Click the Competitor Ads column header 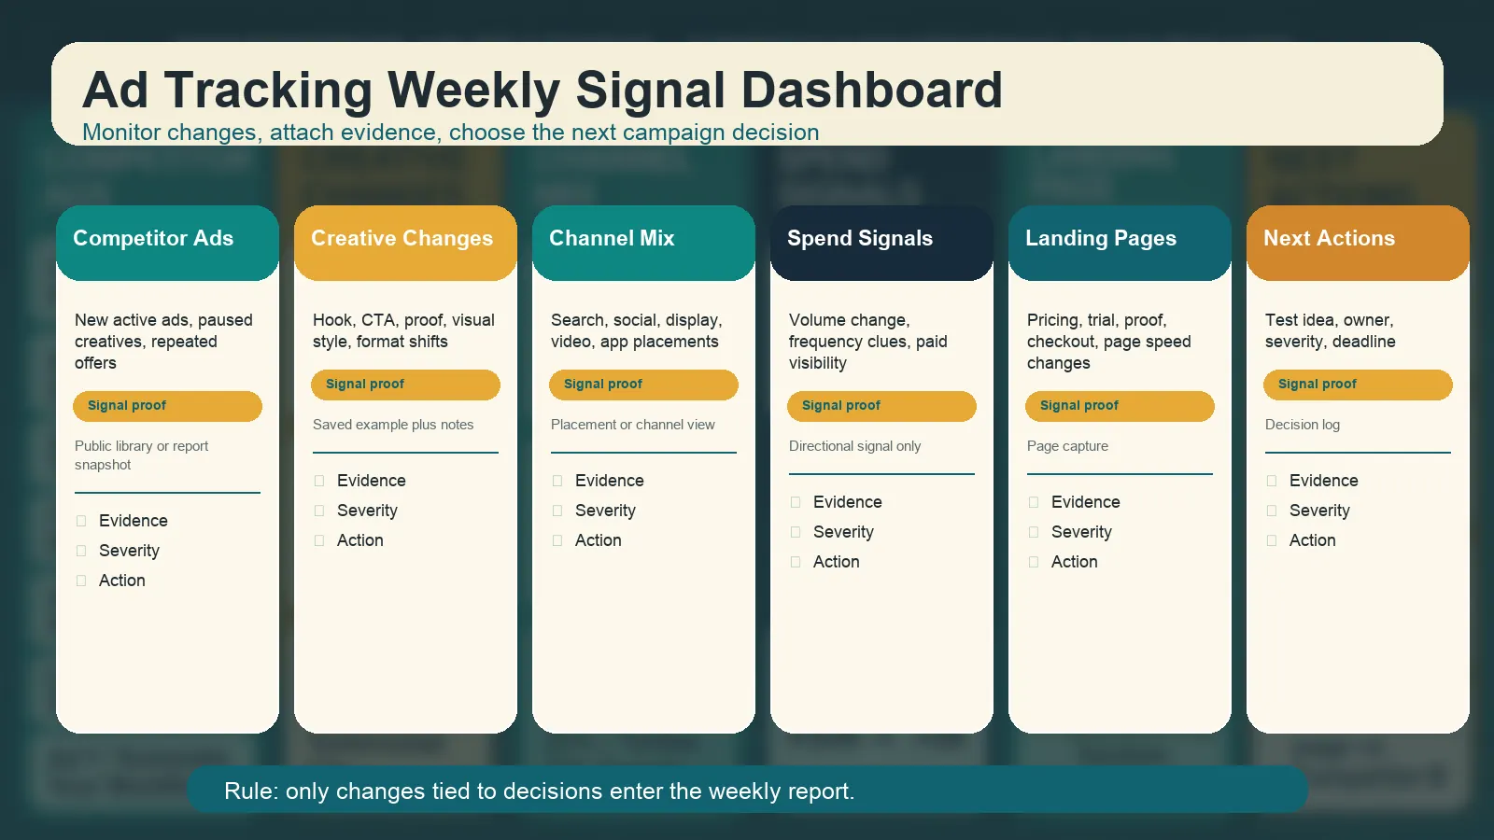(167, 243)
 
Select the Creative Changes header (405, 243)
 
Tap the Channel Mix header (643, 243)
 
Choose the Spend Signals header (881, 243)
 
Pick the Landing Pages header (1120, 243)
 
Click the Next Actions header (1358, 243)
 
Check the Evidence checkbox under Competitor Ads (81, 521)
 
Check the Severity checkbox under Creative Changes (319, 511)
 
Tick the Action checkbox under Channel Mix (557, 540)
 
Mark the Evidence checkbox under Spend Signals (796, 502)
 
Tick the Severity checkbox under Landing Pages (1034, 532)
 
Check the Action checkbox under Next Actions (1272, 540)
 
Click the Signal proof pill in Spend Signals (881, 406)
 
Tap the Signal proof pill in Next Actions (1358, 385)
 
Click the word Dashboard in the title (872, 90)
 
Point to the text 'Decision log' (1303, 425)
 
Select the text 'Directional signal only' (854, 446)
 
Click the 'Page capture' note (1067, 446)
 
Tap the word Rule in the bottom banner (250, 791)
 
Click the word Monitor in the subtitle (122, 132)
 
